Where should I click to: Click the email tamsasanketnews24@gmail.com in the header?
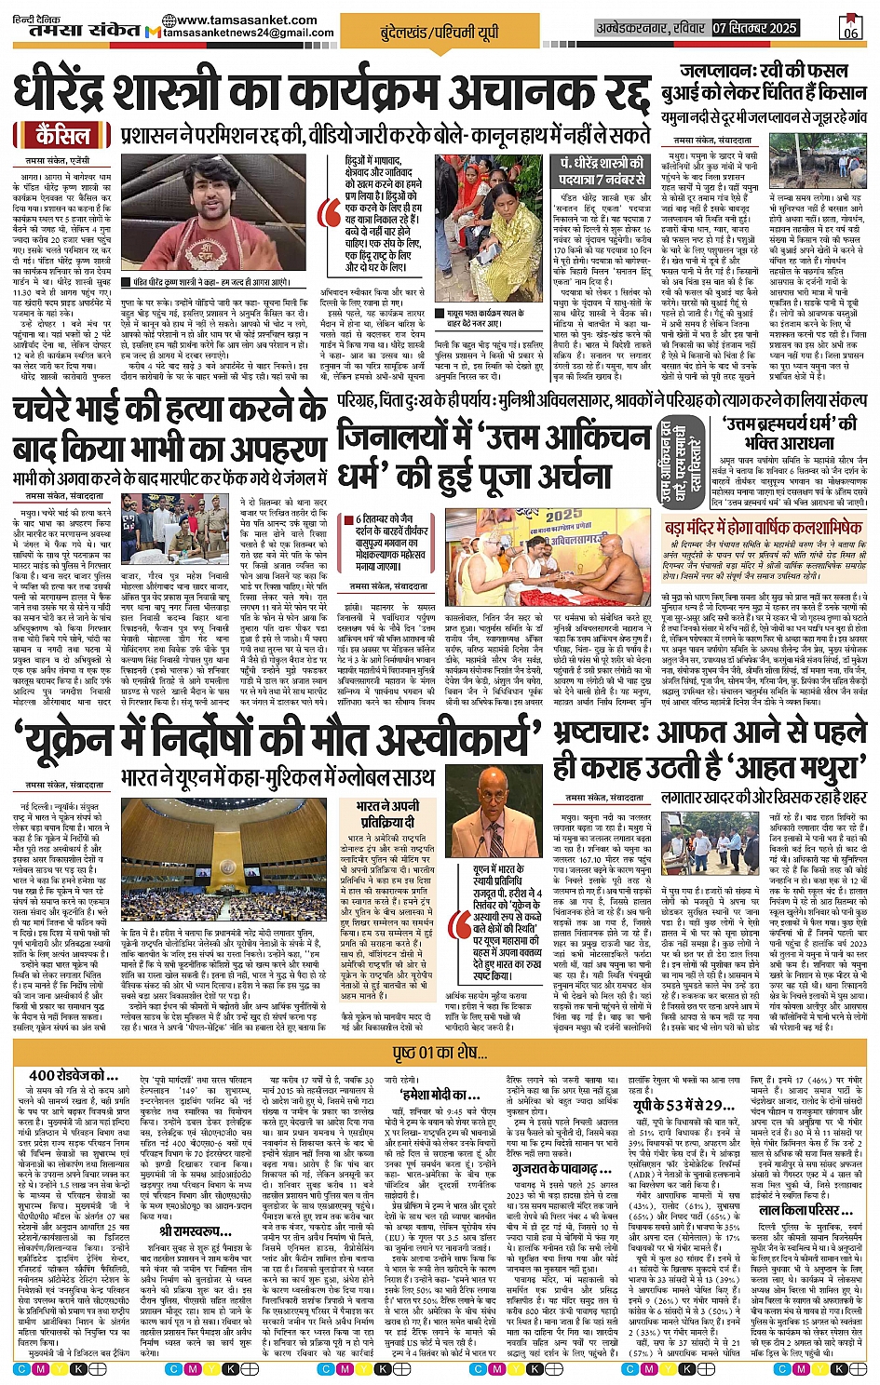pos(248,34)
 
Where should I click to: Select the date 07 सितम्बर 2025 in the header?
pos(754,28)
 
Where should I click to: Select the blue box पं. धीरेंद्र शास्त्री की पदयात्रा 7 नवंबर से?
pos(602,170)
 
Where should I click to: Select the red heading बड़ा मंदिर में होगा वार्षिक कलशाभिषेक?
pos(764,528)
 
